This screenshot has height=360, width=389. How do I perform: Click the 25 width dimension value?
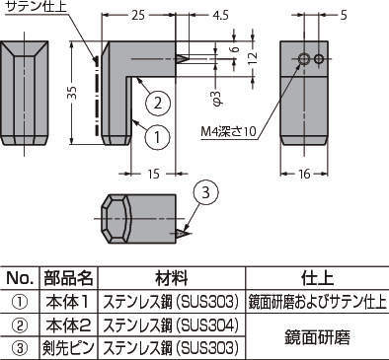coord(138,16)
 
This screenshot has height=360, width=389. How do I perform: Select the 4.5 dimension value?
coord(220,16)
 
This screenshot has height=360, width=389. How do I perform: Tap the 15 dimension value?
coord(154,174)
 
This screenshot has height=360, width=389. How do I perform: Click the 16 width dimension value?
coord(304,174)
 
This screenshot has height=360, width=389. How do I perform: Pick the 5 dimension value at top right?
coord(344,16)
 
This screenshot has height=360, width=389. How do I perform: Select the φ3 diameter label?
coord(218,98)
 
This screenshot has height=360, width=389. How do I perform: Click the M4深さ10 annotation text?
coord(228,131)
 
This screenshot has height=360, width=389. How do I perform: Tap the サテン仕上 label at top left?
coord(37,7)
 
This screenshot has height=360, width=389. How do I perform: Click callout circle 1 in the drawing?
coord(157,136)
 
